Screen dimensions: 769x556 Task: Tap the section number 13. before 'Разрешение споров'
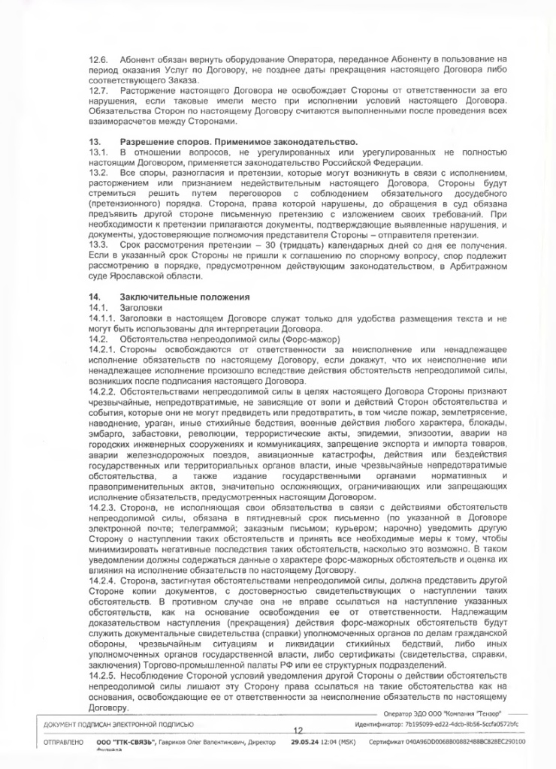coord(95,142)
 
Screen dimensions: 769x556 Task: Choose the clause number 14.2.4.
coord(103,581)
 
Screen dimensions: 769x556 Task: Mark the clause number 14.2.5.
coord(103,675)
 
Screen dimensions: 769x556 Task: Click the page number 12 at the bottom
coord(298,729)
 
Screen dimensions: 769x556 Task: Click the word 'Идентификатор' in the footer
coord(376,724)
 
